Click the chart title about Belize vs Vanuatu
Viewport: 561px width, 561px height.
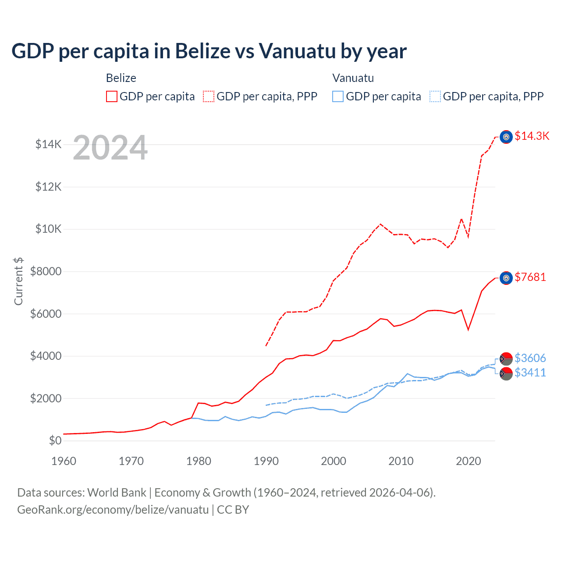(209, 51)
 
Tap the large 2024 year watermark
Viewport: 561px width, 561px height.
(110, 148)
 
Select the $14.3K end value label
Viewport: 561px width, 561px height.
(532, 136)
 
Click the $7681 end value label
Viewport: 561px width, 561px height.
(530, 277)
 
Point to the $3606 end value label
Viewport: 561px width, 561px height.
(530, 358)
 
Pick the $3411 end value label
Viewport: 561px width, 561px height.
(530, 373)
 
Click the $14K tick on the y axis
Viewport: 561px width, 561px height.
(49, 144)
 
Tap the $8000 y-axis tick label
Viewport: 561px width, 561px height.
(46, 271)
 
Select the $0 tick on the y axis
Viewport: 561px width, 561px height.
(55, 440)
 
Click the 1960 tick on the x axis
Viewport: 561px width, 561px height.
(64, 461)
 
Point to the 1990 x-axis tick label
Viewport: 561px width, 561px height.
(266, 461)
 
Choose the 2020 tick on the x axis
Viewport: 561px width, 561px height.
(469, 461)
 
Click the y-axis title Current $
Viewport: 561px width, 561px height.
(18, 281)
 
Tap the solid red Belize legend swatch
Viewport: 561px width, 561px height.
(112, 96)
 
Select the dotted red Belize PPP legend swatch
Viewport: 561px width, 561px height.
(209, 96)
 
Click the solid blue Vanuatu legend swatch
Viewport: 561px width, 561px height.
(338, 96)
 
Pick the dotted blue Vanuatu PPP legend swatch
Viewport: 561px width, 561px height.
(435, 96)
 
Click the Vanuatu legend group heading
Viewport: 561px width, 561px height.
(353, 78)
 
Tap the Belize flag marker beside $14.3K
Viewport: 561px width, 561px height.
(506, 137)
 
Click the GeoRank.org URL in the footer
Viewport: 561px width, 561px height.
(113, 510)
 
